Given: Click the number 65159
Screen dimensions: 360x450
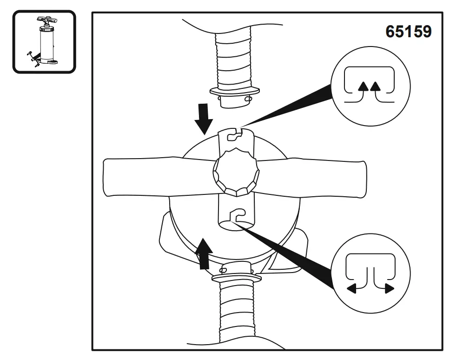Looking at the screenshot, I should (x=408, y=32).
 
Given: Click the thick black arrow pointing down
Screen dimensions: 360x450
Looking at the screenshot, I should (x=203, y=119).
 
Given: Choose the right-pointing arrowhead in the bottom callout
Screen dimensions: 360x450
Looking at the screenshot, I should (x=389, y=289).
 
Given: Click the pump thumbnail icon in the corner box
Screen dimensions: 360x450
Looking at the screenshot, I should (x=44, y=42).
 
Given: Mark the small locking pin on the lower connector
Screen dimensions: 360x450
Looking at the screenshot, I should (x=224, y=268).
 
